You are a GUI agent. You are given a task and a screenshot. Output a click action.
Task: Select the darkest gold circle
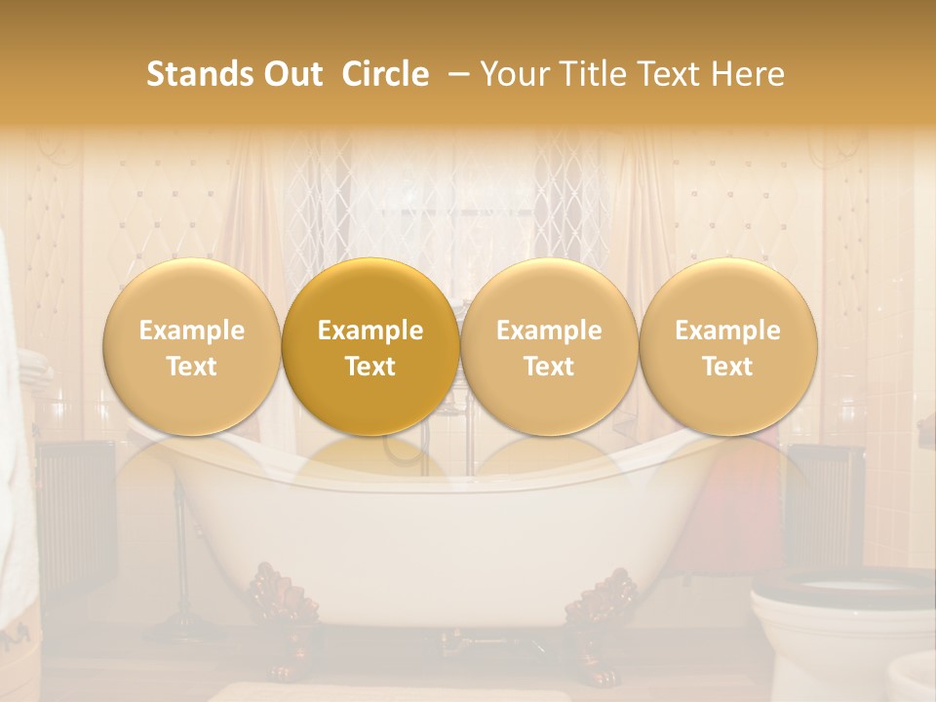tap(370, 347)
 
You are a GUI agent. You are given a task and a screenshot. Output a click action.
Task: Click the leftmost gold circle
tap(192, 347)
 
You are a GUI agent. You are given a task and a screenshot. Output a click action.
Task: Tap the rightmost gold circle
tap(728, 347)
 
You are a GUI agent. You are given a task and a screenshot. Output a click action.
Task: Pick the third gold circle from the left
tap(549, 347)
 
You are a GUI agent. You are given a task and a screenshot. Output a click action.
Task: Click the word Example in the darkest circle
tap(370, 331)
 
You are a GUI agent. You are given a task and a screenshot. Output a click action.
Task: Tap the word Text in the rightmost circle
tap(728, 367)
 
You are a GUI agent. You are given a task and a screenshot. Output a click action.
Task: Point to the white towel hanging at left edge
tap(14, 439)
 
